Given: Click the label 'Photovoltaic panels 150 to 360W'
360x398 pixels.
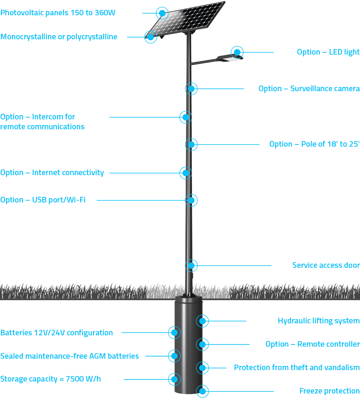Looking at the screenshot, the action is click(58, 13).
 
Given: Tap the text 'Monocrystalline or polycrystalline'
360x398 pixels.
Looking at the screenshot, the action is click(59, 37).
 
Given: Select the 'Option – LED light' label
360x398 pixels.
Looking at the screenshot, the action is click(328, 52).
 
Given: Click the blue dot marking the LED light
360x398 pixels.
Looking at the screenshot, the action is click(237, 52).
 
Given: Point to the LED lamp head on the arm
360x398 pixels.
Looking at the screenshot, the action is click(230, 58).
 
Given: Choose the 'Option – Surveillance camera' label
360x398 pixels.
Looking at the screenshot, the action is click(309, 88).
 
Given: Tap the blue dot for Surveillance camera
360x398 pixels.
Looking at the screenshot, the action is click(191, 89).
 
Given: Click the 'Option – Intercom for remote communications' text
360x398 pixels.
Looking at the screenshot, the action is click(42, 122).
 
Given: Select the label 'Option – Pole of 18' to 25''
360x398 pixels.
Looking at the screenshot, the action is click(314, 144).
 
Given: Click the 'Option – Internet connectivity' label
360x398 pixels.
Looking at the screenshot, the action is click(52, 173).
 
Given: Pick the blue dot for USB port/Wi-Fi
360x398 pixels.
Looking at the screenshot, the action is click(191, 200).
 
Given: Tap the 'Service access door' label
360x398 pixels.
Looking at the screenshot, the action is click(326, 265).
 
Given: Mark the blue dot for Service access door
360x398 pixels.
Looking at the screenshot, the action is click(191, 265).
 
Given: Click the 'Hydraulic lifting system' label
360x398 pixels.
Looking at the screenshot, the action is click(319, 321).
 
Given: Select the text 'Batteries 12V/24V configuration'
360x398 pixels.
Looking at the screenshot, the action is click(57, 333).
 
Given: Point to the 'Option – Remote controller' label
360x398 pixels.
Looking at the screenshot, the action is click(313, 344).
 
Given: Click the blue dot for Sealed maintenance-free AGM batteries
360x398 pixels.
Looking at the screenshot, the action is click(174, 356).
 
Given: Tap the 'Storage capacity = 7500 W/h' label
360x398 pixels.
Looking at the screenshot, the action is click(51, 379).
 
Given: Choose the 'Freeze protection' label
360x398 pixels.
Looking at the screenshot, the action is click(329, 391).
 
